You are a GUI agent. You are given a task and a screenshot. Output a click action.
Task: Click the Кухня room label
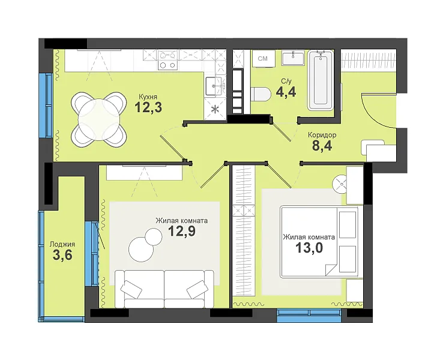(148, 97)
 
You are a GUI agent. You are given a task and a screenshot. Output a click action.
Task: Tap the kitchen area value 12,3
(148, 107)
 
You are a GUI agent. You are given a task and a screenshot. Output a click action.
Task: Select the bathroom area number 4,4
(286, 92)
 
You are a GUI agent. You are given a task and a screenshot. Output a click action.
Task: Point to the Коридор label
(322, 135)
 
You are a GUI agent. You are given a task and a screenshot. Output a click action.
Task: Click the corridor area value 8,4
(322, 146)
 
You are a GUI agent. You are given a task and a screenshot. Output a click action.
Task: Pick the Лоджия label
(62, 244)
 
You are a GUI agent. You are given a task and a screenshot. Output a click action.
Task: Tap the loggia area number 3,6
(62, 255)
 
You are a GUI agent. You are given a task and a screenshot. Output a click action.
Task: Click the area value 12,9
(182, 230)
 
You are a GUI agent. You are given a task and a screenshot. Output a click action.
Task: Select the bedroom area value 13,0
(309, 247)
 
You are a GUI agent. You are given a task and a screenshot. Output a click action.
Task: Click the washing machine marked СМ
(263, 59)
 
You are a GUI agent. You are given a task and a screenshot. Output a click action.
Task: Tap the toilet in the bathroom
(261, 94)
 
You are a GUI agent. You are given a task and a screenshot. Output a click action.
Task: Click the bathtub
(321, 80)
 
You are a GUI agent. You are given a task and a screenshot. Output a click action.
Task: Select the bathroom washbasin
(293, 58)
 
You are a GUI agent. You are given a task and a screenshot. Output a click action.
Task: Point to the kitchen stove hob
(167, 60)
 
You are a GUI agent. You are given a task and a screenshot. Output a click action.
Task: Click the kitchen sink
(214, 86)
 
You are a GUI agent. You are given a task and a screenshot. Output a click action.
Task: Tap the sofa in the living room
(164, 289)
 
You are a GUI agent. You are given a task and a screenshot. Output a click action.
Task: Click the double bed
(319, 241)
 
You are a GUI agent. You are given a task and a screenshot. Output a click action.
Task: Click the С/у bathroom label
(286, 82)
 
